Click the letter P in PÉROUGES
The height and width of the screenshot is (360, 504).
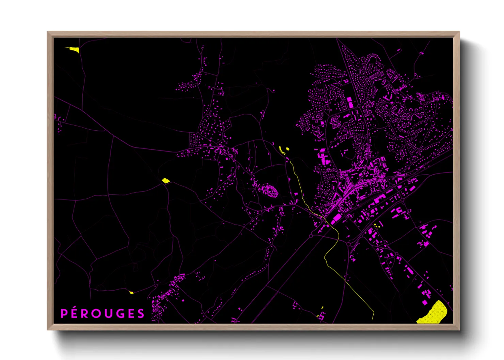point(64,313)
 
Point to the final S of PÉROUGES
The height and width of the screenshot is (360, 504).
point(141,313)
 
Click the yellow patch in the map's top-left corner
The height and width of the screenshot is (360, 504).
point(74,50)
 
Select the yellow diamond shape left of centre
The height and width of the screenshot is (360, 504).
point(166,180)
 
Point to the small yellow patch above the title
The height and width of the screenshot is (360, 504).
point(131,292)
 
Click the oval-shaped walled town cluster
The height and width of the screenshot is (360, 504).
point(269,191)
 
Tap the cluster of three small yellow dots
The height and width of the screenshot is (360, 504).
point(377,225)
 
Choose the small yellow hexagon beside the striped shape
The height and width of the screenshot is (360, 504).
point(288,148)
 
